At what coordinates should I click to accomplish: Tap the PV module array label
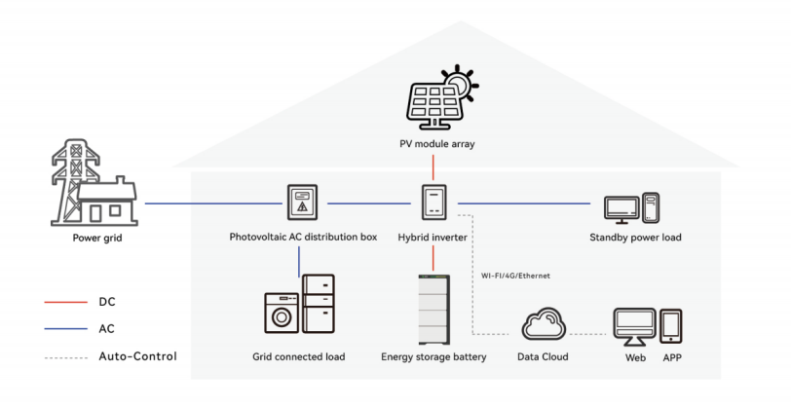coord(433,145)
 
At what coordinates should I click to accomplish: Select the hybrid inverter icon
coord(433,203)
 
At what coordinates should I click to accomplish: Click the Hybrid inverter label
coord(433,237)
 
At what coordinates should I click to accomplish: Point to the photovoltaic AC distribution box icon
coord(302,203)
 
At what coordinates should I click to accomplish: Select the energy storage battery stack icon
coord(433,309)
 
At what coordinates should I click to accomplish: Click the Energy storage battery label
coord(433,357)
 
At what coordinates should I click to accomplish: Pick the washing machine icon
coord(282,314)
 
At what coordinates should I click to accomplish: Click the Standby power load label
coord(635,237)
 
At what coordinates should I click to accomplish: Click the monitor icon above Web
coord(634,324)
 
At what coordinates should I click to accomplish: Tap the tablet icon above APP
coord(672,326)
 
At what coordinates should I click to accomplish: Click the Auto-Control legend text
coord(137,356)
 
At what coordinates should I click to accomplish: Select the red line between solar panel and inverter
coord(433,167)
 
